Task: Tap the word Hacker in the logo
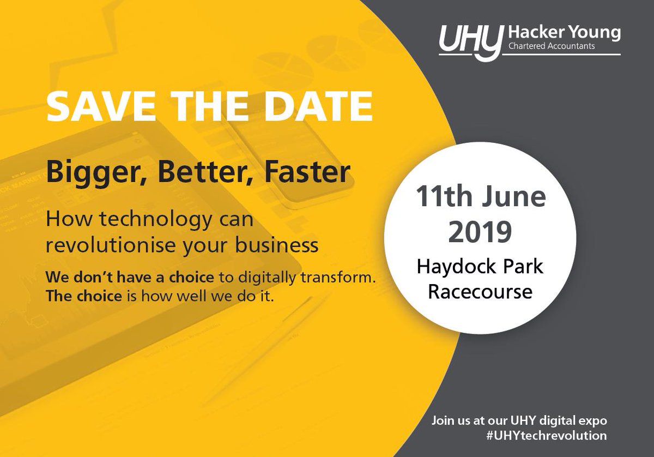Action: pyautogui.click(x=530, y=33)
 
